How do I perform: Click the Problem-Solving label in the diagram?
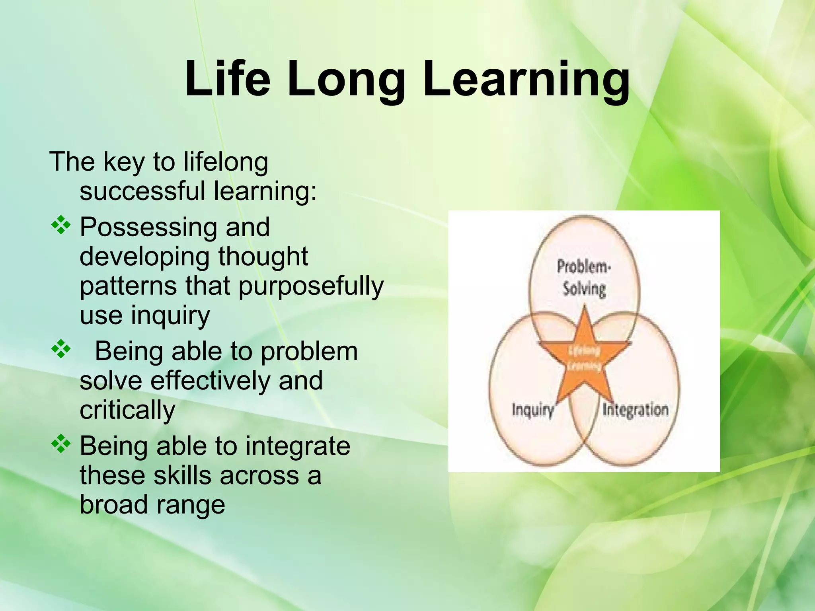pos(584,278)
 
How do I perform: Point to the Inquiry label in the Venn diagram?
pos(532,410)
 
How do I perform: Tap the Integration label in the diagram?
pos(635,410)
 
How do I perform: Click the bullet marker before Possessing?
pos(61,226)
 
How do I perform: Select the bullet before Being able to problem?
pos(61,350)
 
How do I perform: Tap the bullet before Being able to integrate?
pos(61,444)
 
